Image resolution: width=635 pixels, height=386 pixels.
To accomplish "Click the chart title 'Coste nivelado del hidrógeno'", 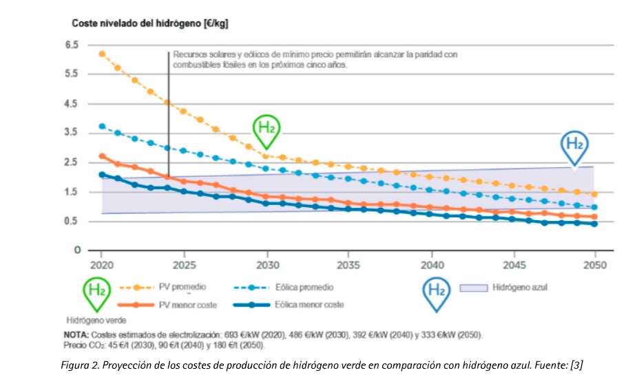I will pos(150,23).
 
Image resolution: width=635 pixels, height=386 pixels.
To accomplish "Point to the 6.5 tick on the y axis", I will pos(71,45).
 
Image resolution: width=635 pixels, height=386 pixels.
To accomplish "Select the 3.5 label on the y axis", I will pos(71,133).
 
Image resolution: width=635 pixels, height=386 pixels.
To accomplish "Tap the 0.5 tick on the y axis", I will pos(71,221).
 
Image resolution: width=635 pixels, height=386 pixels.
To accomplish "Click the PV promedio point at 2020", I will pos(102,54).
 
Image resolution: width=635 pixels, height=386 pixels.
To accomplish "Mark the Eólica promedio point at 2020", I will pos(102,127).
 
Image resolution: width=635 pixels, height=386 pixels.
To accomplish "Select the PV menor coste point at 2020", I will pos(102,156).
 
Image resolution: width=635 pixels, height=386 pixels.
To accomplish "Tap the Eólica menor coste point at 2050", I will pos(594,224).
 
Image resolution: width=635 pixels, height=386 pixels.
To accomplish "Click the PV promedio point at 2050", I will pos(594,194).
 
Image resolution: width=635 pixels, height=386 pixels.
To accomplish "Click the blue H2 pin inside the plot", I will pos(574,146).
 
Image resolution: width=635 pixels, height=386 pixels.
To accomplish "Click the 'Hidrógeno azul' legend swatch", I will pos(475,287).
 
